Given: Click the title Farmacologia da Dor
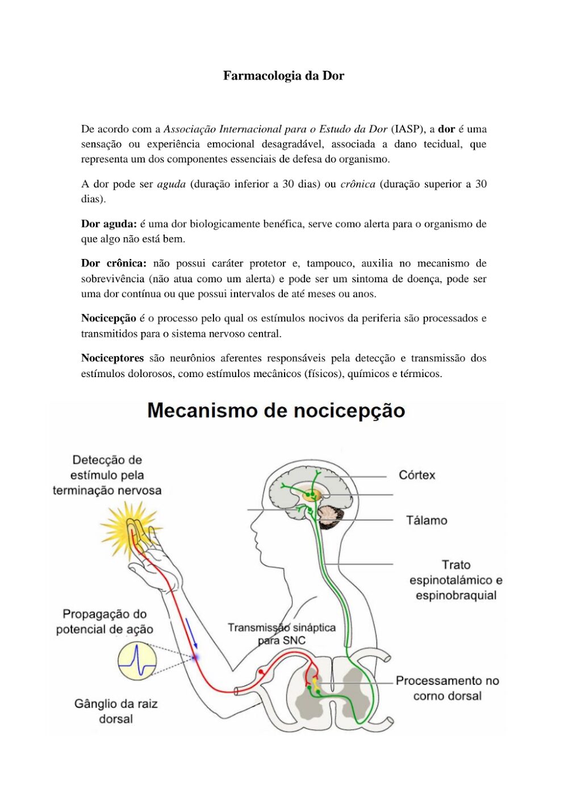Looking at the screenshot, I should pyautogui.click(x=283, y=76).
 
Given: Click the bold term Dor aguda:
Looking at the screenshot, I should pyautogui.click(x=108, y=224).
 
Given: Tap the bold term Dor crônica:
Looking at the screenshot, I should pyautogui.click(x=114, y=263).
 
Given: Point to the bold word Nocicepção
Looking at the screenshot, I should pyautogui.click(x=108, y=318).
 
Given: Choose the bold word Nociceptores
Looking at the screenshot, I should pyautogui.click(x=112, y=358).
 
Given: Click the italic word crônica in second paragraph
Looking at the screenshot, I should pyautogui.click(x=358, y=184).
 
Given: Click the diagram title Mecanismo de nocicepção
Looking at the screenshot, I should pyautogui.click(x=276, y=411).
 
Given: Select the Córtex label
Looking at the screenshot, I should pyautogui.click(x=417, y=475).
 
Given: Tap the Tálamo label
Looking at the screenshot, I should pyautogui.click(x=427, y=520).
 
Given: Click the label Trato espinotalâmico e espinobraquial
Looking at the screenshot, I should pyautogui.click(x=456, y=580).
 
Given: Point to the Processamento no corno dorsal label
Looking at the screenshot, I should pyautogui.click(x=448, y=688).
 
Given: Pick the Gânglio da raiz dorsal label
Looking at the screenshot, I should pyautogui.click(x=116, y=711).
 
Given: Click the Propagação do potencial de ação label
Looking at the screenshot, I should pyautogui.click(x=105, y=622).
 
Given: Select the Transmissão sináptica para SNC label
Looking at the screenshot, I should pyautogui.click(x=282, y=634).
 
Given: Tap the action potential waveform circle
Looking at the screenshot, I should pyautogui.click(x=137, y=661).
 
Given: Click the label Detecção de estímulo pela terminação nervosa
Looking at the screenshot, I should pyautogui.click(x=107, y=475).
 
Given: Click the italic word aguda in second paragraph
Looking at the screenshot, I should pyautogui.click(x=172, y=184).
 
